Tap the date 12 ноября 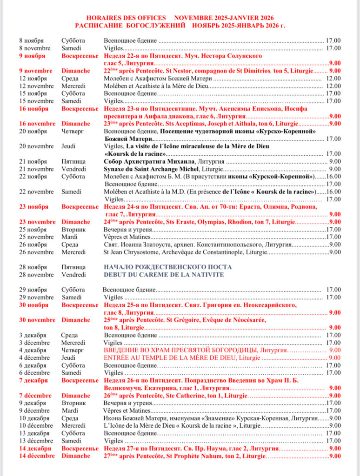pyautogui.click(x=33, y=78)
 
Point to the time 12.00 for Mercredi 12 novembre pyautogui.click(x=333, y=86)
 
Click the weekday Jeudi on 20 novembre pyautogui.click(x=69, y=146)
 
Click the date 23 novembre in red pyautogui.click(x=37, y=222)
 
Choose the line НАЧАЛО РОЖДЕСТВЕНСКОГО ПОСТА pyautogui.click(x=164, y=267)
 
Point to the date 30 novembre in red pyautogui.click(x=37, y=320)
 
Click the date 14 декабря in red pyautogui.click(x=33, y=449)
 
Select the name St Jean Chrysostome pyautogui.click(x=132, y=252)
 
